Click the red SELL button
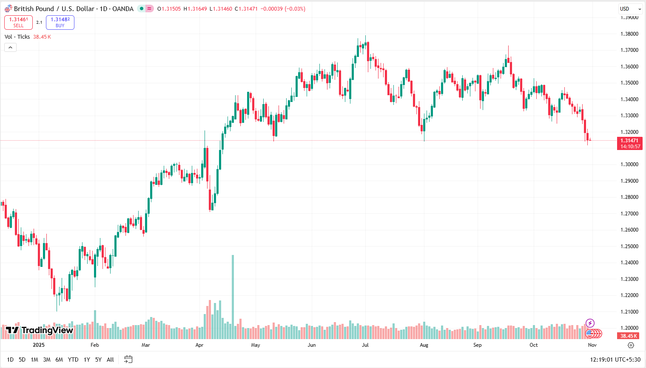pyautogui.click(x=18, y=23)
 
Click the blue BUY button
pyautogui.click(x=60, y=23)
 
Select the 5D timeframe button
pyautogui.click(x=22, y=360)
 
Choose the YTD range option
pyautogui.click(x=73, y=360)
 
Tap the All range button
pyautogui.click(x=110, y=360)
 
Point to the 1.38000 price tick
pyautogui.click(x=629, y=34)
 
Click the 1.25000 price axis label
pyautogui.click(x=629, y=246)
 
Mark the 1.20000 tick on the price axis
pyautogui.click(x=629, y=328)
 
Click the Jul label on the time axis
pyautogui.click(x=365, y=345)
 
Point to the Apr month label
pyautogui.click(x=199, y=345)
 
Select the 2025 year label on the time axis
pyautogui.click(x=39, y=345)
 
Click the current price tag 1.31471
pyautogui.click(x=629, y=141)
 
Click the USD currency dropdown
pyautogui.click(x=630, y=9)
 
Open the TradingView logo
pyautogui.click(x=40, y=330)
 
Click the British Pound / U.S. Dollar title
pyautogui.click(x=74, y=9)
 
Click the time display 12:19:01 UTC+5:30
pyautogui.click(x=615, y=360)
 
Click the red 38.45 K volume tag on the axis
pyautogui.click(x=629, y=336)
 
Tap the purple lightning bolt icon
pyautogui.click(x=590, y=323)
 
